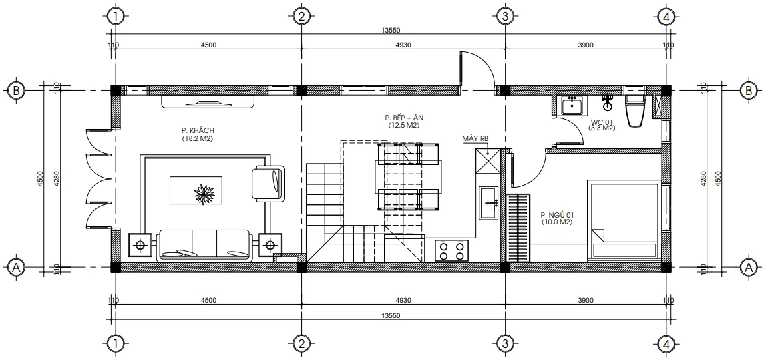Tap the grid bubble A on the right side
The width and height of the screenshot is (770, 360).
tap(750, 267)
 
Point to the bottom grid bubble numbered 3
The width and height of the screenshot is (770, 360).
tap(505, 344)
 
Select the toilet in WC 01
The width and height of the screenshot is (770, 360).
tap(634, 109)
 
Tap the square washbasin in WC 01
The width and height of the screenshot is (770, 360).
tap(571, 105)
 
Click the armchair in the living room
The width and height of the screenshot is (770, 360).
tap(268, 183)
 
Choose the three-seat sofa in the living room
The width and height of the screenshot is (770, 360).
tap(204, 245)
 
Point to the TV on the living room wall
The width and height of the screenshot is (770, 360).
tap(208, 102)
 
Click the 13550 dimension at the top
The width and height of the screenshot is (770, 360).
tap(390, 31)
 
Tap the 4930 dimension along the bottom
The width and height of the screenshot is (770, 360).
tap(403, 300)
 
